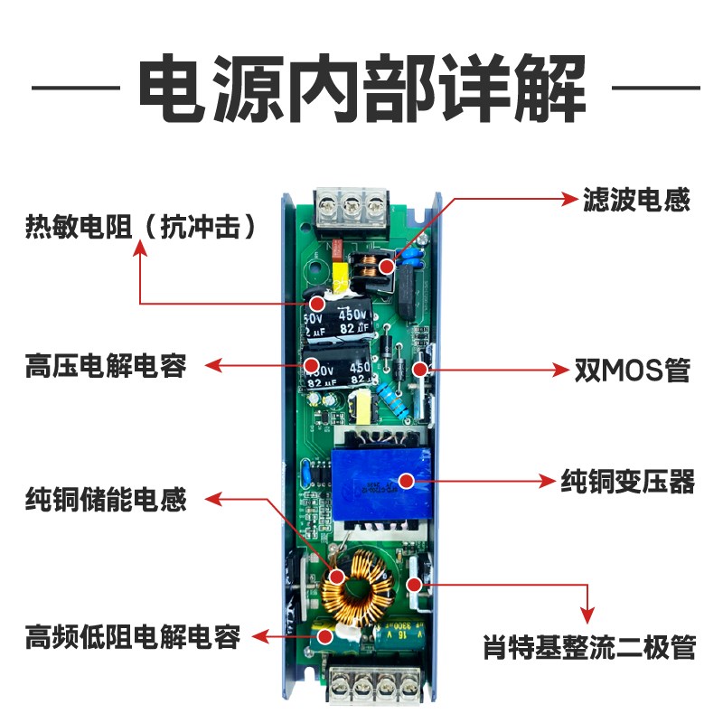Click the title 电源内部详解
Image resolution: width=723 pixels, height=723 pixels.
click(361, 89)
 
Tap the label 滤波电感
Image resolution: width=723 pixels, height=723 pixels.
click(637, 200)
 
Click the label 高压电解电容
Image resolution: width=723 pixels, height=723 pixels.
click(106, 367)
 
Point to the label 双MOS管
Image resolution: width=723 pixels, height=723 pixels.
click(632, 371)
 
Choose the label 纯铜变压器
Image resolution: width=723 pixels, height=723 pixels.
click(627, 480)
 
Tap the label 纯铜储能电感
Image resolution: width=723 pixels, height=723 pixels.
click(106, 499)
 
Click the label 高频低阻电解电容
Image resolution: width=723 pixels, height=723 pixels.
click(132, 636)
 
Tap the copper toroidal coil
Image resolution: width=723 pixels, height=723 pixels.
click(357, 588)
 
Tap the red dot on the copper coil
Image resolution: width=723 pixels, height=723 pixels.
click(335, 576)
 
